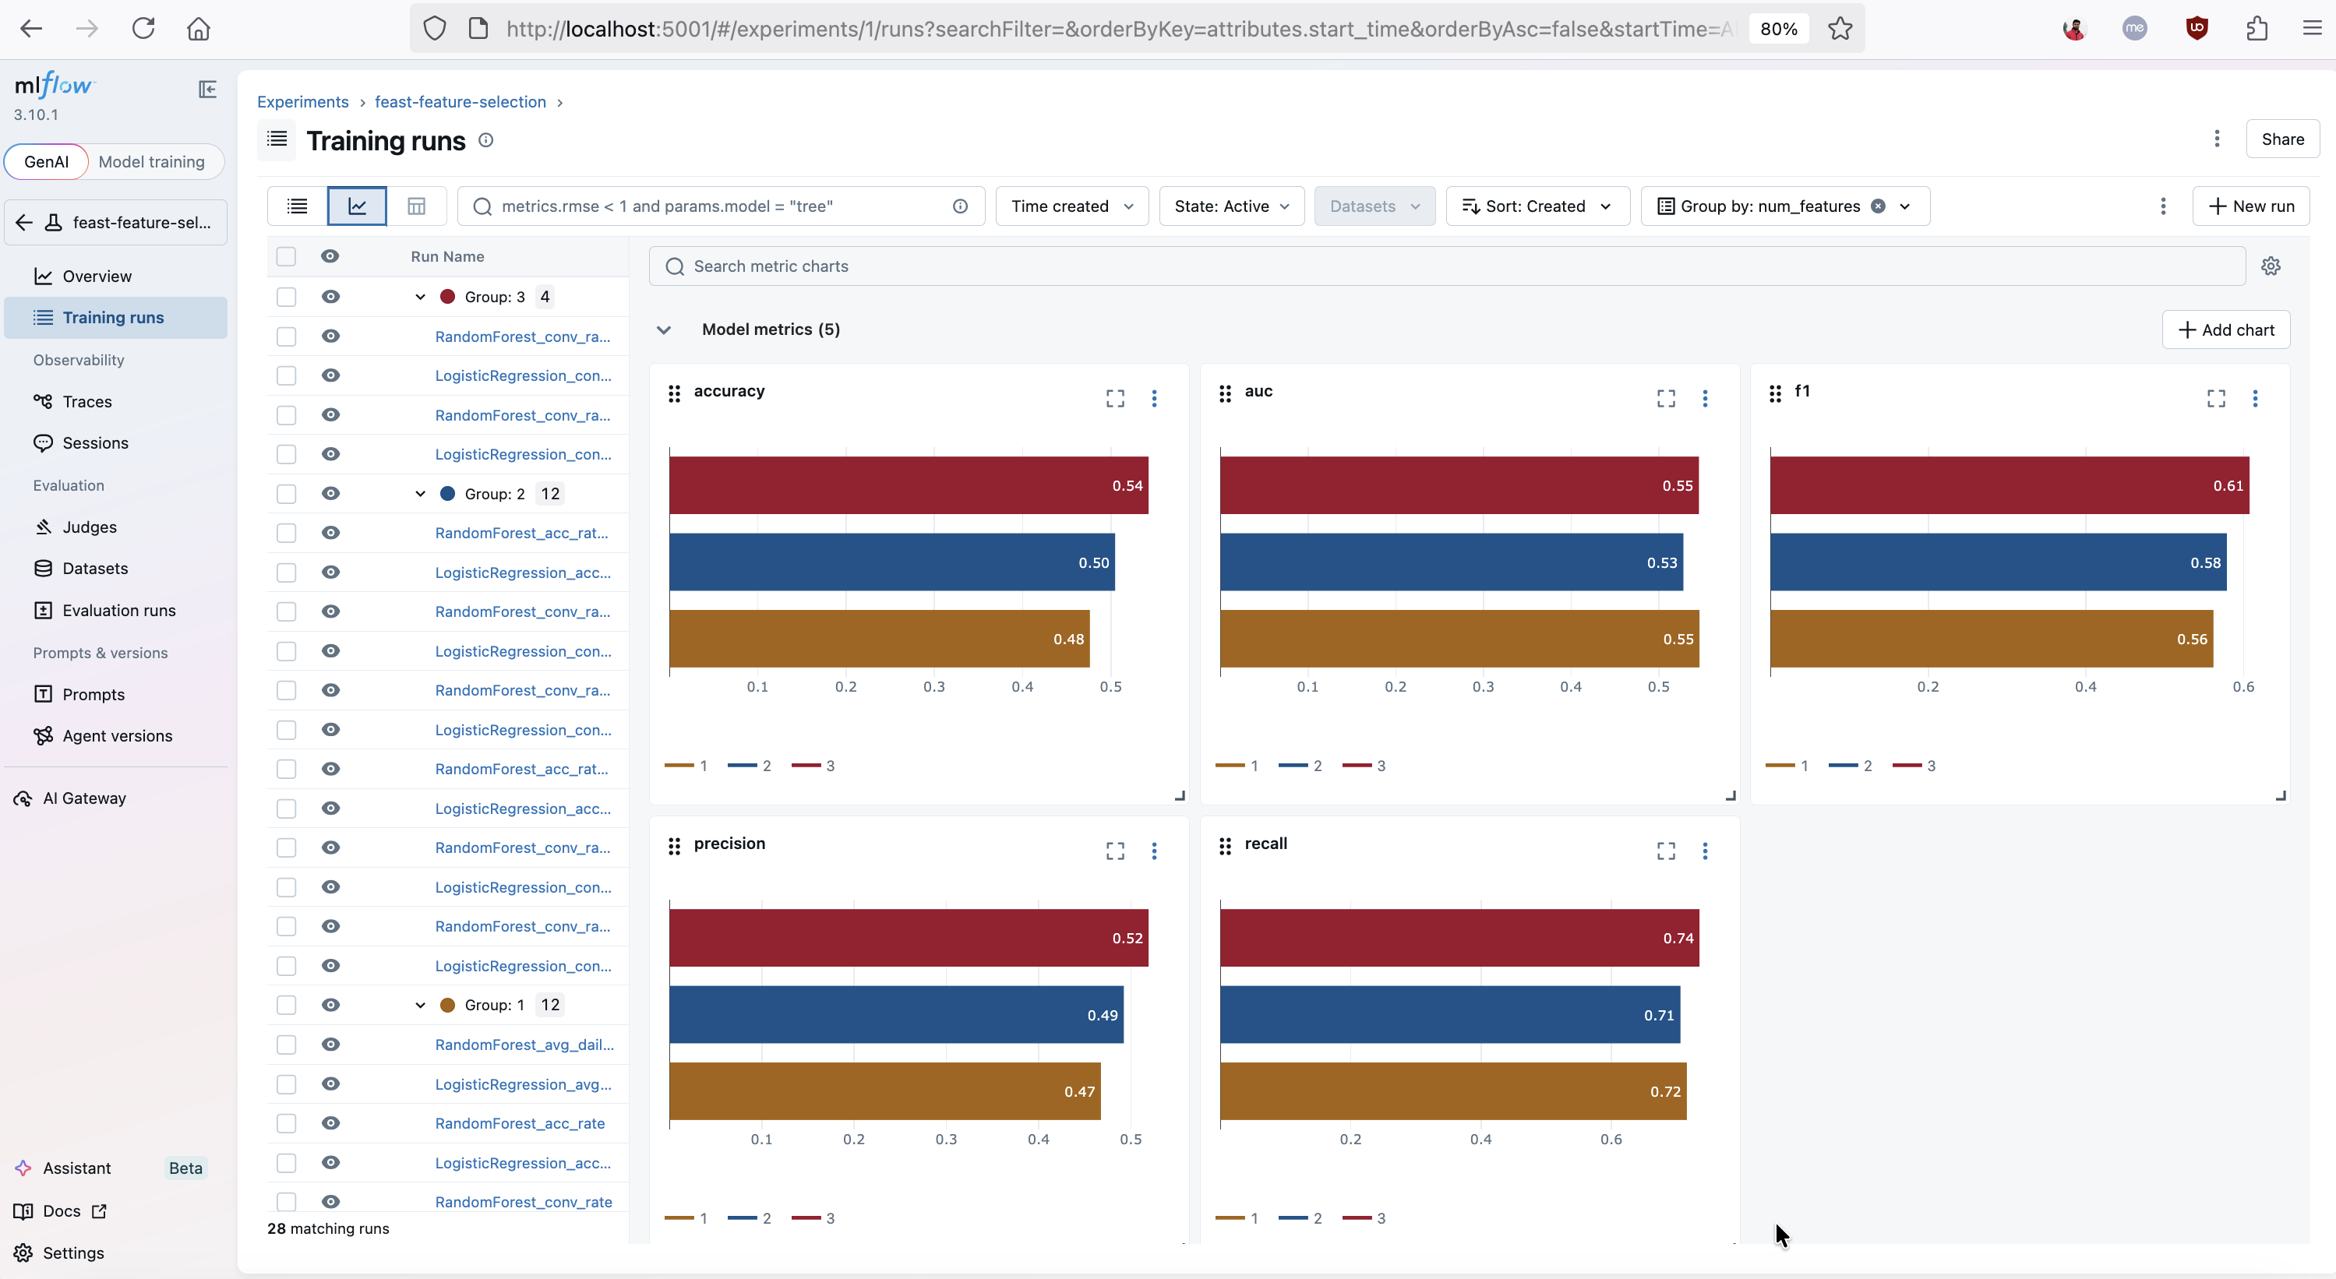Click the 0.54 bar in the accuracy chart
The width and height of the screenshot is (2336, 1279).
pos(908,485)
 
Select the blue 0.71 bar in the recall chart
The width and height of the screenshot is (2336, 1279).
pos(1449,1014)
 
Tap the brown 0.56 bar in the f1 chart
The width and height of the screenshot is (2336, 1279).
pos(1991,638)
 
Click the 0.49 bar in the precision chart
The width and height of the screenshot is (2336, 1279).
pos(896,1014)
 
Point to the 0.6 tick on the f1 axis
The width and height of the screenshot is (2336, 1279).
pos(2242,687)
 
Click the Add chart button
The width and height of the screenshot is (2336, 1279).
pos(2225,330)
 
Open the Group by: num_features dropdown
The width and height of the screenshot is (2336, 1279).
pos(1784,206)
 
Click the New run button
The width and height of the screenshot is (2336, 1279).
pos(2251,206)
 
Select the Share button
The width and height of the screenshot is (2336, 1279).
pos(2281,139)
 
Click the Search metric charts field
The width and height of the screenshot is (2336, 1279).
pos(1446,266)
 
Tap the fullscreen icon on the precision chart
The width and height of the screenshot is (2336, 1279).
pos(1114,851)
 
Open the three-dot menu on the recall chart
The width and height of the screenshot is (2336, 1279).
pos(1705,851)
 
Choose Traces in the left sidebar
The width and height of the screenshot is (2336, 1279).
pos(87,402)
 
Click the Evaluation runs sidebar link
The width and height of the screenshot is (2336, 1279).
pos(118,610)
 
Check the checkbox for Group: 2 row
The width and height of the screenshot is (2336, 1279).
pos(287,494)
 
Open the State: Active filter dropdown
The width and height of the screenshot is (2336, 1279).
pos(1230,206)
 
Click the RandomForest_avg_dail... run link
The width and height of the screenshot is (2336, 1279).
pos(524,1045)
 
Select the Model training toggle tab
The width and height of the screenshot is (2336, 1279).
pos(151,161)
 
